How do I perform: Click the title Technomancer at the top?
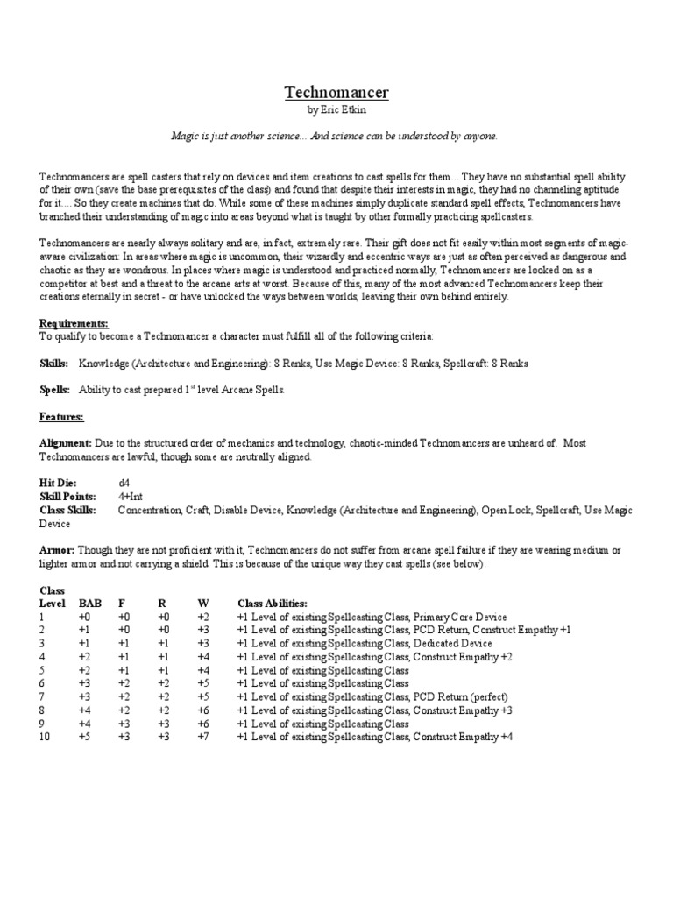[x=336, y=92]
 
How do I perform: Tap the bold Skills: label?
[x=53, y=362]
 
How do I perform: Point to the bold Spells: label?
[x=55, y=388]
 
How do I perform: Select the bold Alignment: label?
[x=64, y=443]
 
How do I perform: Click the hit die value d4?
[x=124, y=483]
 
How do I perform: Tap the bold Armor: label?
[x=57, y=550]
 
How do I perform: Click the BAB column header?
[x=89, y=604]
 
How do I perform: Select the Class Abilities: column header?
[x=273, y=604]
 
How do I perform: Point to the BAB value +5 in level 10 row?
[x=85, y=737]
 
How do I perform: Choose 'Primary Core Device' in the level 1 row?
[x=460, y=617]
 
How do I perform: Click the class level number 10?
[x=46, y=737]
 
